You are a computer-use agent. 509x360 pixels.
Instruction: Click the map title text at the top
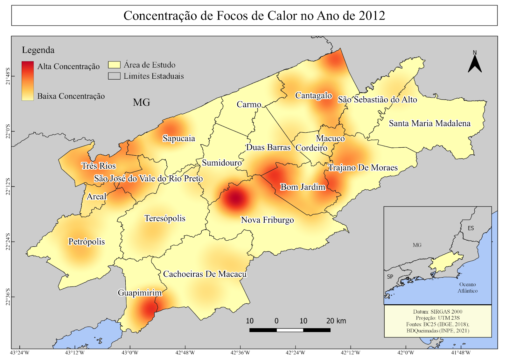254,16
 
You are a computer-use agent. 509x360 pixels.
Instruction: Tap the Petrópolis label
87,242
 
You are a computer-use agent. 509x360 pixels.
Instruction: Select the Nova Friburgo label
267,220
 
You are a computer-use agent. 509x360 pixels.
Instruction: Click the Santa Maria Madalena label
429,124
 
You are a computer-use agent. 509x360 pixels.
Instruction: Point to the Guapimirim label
140,293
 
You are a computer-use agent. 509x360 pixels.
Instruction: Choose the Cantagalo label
313,95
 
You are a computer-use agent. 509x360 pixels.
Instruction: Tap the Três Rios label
98,166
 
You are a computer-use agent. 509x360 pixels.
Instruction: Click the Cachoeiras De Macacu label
205,274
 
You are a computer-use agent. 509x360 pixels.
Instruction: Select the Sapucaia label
179,138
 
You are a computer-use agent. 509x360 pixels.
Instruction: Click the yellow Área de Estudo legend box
114,65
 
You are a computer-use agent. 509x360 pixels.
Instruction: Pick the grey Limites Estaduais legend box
114,76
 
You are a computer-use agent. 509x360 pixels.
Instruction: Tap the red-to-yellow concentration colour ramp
28,81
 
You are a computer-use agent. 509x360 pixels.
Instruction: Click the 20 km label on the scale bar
336,321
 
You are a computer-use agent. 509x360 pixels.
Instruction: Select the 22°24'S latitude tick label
8,242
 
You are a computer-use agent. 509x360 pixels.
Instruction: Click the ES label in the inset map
471,228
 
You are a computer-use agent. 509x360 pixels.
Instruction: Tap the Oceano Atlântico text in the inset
467,287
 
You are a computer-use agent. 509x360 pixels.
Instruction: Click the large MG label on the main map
142,102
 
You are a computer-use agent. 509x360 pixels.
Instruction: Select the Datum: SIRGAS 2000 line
437,312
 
